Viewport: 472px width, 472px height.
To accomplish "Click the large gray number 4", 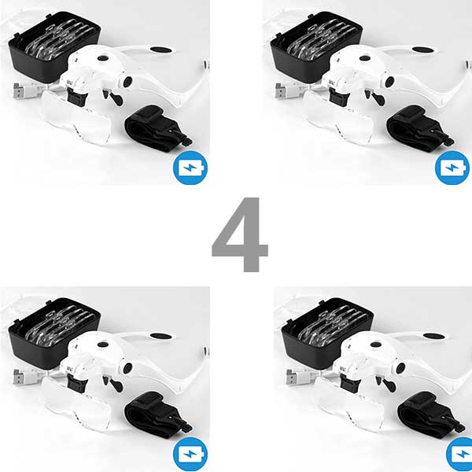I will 240,236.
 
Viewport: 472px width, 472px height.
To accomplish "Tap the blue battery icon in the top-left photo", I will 190,168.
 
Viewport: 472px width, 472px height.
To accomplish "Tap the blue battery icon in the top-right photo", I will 453,168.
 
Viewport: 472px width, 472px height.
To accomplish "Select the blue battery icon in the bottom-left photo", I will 190,455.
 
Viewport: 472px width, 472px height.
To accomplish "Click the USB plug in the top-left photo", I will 21,90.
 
